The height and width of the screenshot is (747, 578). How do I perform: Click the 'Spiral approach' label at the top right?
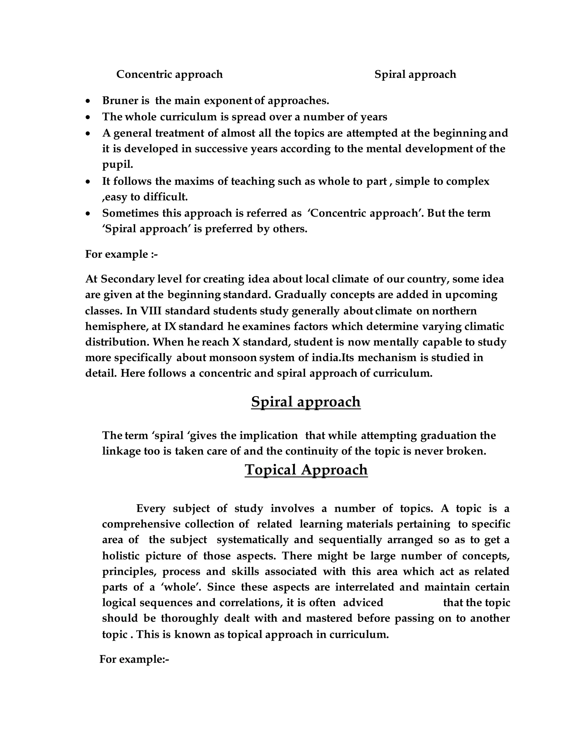click(x=415, y=74)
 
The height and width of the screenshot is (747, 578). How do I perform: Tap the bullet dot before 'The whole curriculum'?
click(x=88, y=117)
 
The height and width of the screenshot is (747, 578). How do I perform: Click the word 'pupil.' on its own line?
click(x=117, y=165)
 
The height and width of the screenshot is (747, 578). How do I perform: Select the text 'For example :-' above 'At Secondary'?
click(x=121, y=254)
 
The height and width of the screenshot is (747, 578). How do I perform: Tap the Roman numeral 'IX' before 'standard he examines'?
click(x=170, y=326)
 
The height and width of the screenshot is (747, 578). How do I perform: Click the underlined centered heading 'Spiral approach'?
click(x=305, y=401)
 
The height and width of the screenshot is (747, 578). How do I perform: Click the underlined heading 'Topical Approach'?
click(x=306, y=469)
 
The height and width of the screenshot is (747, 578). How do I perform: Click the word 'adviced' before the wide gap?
click(x=363, y=602)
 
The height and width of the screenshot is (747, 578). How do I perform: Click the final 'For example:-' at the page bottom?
click(x=134, y=659)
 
